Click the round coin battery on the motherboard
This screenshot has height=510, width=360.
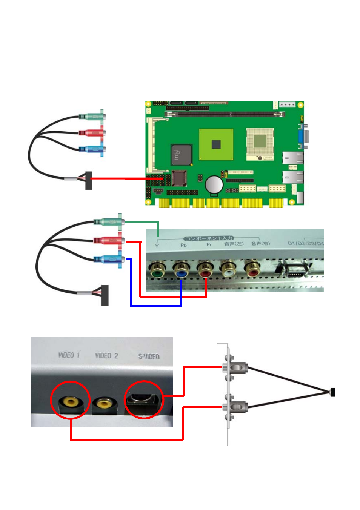[214, 184]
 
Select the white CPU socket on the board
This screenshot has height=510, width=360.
[260, 143]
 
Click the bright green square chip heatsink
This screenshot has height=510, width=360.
[216, 144]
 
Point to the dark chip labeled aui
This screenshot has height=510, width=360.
[181, 154]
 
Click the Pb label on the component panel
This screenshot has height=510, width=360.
[183, 245]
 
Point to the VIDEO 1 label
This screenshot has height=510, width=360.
[69, 355]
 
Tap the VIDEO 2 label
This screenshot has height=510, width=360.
[106, 356]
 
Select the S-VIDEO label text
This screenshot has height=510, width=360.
[149, 356]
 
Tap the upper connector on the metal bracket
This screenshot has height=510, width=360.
[235, 367]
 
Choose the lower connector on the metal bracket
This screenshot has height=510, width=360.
[235, 407]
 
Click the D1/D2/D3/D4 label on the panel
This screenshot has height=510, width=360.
[305, 243]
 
